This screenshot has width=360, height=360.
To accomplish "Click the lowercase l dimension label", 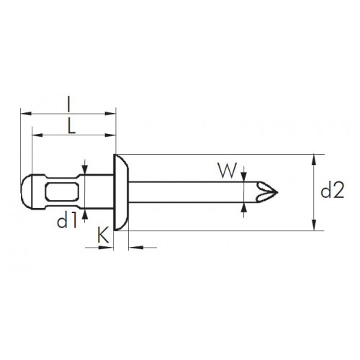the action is [x=69, y=104].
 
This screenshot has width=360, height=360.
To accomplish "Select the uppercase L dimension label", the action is [x=71, y=126].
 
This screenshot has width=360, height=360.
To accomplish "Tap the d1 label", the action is [x=67, y=221].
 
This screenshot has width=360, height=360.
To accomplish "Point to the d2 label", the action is [x=333, y=189].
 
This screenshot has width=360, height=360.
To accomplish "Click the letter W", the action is [x=228, y=171].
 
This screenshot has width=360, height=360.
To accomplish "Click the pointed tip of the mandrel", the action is [x=277, y=192].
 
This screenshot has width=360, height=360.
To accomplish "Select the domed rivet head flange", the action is [x=121, y=192].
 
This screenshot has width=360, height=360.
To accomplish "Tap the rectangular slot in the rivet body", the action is [x=62, y=192].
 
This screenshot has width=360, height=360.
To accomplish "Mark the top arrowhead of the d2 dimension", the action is [x=313, y=159].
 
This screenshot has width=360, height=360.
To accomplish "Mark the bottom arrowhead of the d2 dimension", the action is [x=313, y=225].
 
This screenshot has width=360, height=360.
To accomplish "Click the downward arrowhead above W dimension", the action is [x=244, y=176].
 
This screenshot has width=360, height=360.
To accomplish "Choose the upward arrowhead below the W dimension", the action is [x=244, y=207].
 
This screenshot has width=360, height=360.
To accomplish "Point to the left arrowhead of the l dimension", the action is [x=26, y=113].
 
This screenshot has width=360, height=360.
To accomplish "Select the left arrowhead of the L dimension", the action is [x=37, y=135].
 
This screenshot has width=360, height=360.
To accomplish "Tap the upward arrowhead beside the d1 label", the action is [x=84, y=214].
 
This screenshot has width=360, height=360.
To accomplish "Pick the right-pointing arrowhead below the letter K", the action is [x=106, y=248].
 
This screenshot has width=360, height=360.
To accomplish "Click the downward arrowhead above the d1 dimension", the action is [x=84, y=169].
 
